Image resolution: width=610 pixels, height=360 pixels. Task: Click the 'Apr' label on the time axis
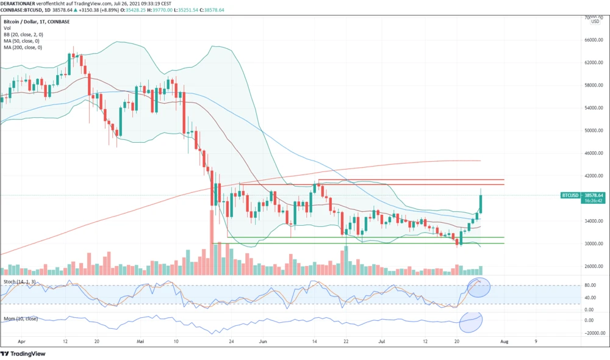pyautogui.click(x=23, y=343)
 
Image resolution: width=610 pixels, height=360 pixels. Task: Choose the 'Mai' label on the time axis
pyautogui.click(x=141, y=343)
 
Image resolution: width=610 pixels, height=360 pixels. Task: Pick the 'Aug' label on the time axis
pyautogui.click(x=503, y=343)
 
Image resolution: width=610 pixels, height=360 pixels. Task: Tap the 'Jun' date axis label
pyautogui.click(x=263, y=343)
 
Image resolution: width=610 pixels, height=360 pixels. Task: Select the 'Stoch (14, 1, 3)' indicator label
pyautogui.click(x=20, y=281)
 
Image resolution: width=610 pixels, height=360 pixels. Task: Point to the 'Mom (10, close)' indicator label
pyautogui.click(x=21, y=319)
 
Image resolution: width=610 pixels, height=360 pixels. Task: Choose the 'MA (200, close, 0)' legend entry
pyautogui.click(x=23, y=47)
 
